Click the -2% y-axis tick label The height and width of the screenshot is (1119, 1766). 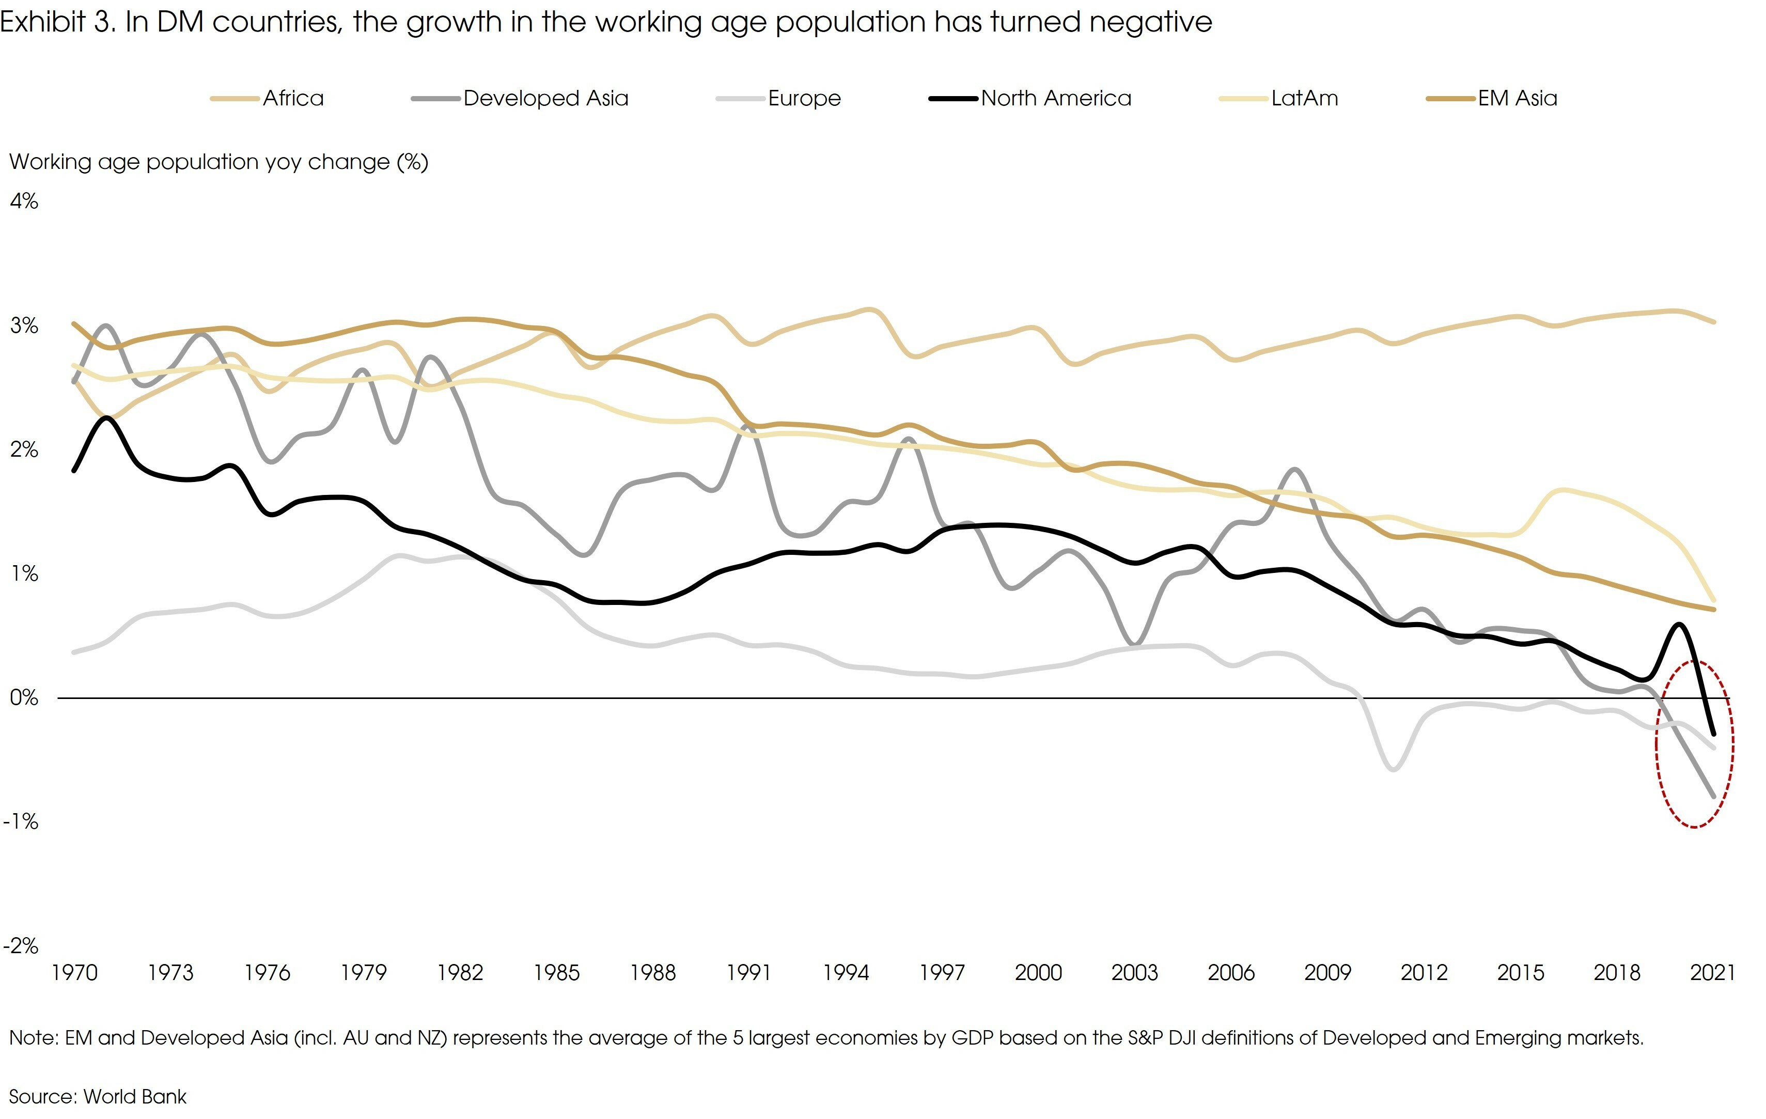(21, 945)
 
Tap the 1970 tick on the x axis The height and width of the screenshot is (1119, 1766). (74, 973)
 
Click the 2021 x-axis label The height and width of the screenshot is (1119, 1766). (1712, 973)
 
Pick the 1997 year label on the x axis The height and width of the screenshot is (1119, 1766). (942, 973)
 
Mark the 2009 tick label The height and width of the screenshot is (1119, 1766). (1327, 973)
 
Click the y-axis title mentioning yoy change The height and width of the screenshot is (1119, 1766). (218, 162)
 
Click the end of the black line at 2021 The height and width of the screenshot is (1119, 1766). (1714, 733)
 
